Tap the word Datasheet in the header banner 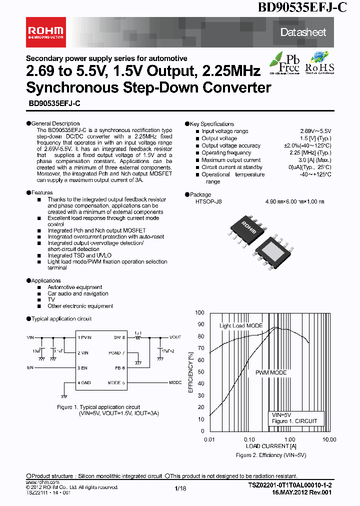point(303,32)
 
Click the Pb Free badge point(284,63)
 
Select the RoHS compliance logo point(319,63)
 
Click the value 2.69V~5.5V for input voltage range point(315,131)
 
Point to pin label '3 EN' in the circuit point(82,368)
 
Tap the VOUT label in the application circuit point(175,337)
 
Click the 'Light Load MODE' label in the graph point(241,325)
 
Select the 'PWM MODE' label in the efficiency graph point(271,372)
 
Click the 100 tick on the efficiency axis point(200,312)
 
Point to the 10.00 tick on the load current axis point(328,439)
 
